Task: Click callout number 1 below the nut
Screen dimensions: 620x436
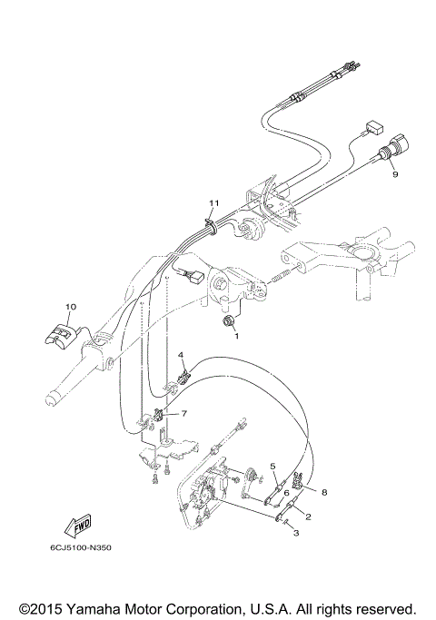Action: (x=238, y=335)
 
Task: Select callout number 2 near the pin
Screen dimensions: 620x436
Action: (x=308, y=517)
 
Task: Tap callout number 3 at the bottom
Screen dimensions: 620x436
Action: (x=294, y=534)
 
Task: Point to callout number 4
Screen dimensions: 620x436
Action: (x=181, y=354)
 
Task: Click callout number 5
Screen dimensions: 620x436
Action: (x=272, y=466)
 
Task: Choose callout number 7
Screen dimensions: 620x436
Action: (x=183, y=413)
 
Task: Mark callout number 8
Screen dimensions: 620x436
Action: (x=324, y=493)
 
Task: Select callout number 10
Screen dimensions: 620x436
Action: (x=72, y=308)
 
